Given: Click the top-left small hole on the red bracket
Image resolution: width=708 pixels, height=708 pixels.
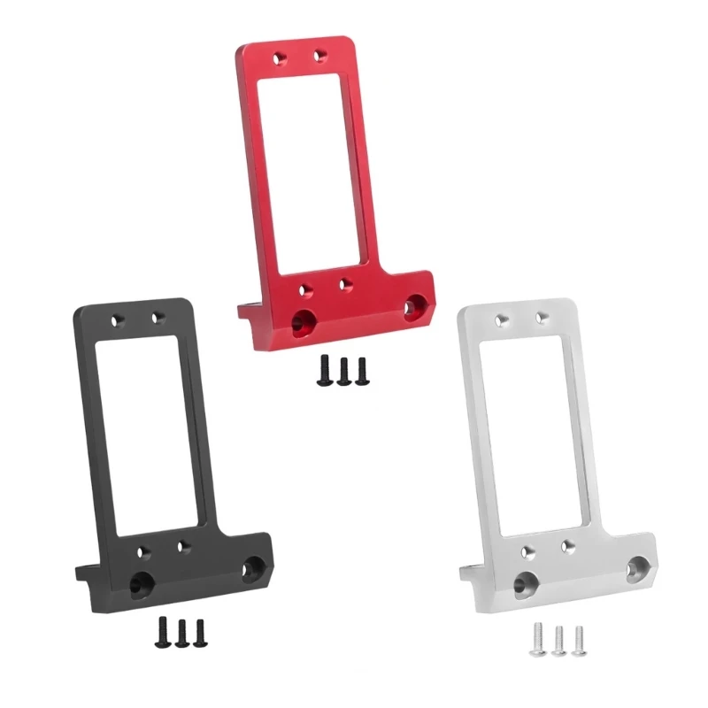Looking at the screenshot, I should coord(281,58).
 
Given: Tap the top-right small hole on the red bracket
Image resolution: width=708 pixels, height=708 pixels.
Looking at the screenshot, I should coord(319,56).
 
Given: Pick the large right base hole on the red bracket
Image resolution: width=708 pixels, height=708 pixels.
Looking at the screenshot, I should coord(412,307).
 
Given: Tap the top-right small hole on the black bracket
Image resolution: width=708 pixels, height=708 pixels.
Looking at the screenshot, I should coord(158,316).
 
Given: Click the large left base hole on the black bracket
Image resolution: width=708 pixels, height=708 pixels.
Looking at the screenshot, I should coord(142,582).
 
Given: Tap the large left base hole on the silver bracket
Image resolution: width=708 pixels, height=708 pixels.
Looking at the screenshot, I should coord(526,581).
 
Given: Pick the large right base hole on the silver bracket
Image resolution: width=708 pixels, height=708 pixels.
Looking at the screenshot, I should coord(638,566).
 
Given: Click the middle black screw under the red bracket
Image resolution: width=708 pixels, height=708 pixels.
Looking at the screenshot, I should coord(342,368).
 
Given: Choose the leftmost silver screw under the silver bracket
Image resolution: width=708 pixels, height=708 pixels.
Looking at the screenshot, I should coord(537,635).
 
